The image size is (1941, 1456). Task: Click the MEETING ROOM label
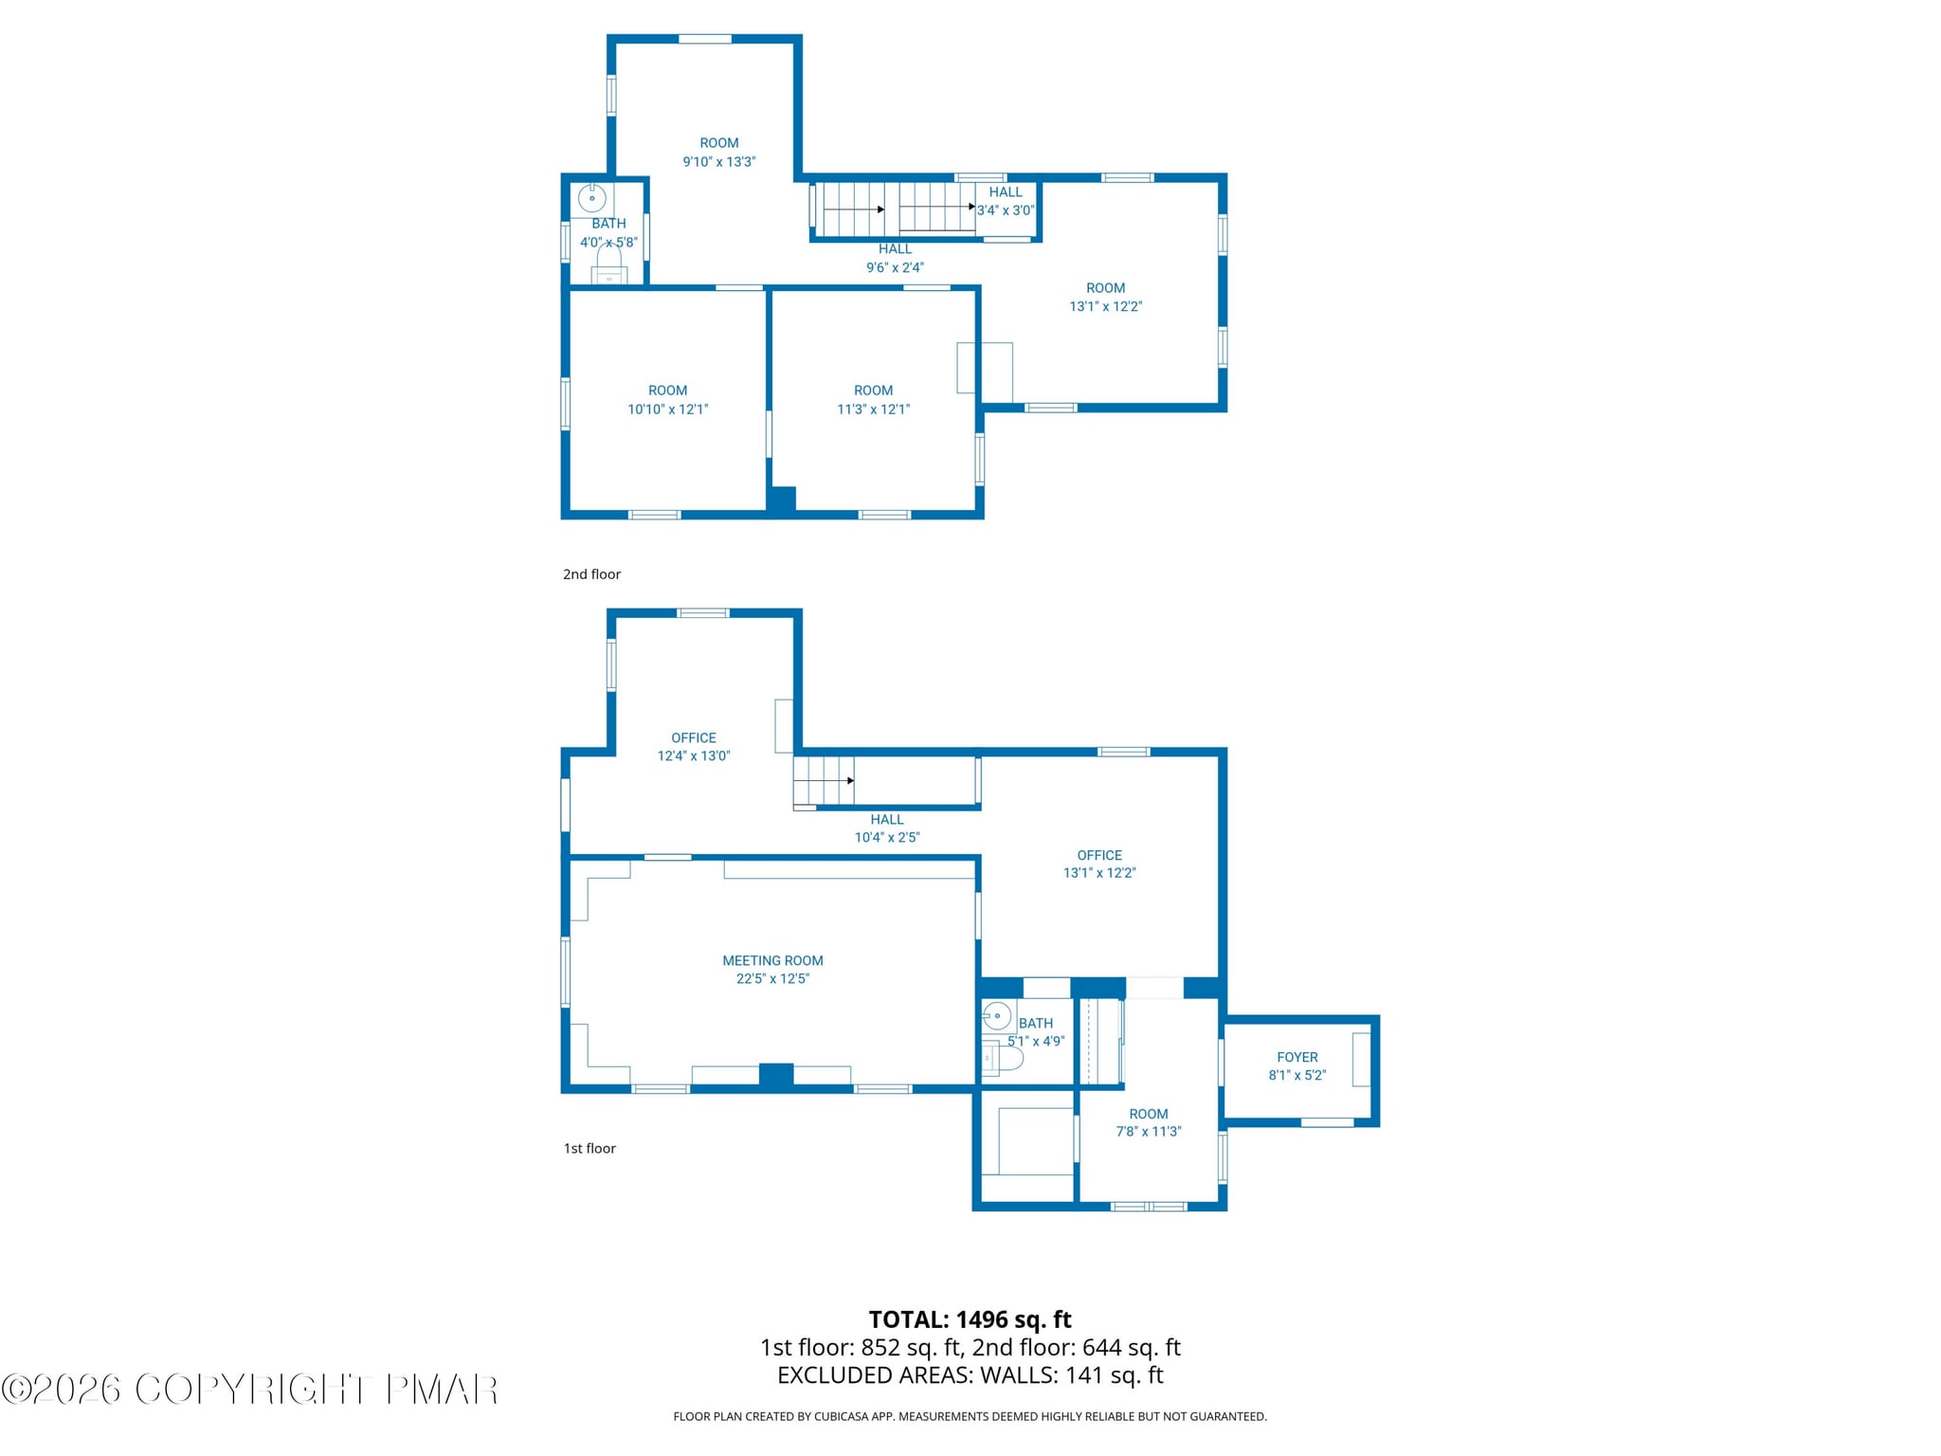tap(772, 960)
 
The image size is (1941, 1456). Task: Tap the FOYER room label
tap(1297, 1057)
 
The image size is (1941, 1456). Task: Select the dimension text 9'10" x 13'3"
tap(718, 162)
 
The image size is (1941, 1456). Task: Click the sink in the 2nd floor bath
tap(592, 199)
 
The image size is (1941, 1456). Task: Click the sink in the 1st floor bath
tap(996, 1016)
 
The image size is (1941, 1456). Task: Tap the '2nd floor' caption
tap(591, 574)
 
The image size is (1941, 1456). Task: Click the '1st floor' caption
tap(590, 1148)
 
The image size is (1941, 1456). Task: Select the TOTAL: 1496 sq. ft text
tap(970, 1319)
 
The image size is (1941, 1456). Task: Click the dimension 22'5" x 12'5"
tap(772, 979)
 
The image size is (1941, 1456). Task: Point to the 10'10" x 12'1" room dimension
tap(667, 409)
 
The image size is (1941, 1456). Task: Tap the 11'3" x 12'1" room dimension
tap(873, 409)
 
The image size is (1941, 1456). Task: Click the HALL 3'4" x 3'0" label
tap(1006, 201)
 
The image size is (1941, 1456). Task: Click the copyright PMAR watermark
tap(249, 1390)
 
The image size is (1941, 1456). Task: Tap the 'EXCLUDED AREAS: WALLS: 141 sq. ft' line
tap(970, 1375)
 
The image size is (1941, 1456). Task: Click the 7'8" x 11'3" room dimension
tap(1148, 1132)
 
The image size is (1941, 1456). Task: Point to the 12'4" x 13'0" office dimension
tap(694, 756)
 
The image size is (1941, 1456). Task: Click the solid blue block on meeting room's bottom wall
tap(776, 1075)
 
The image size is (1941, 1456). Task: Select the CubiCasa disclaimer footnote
tap(970, 1416)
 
